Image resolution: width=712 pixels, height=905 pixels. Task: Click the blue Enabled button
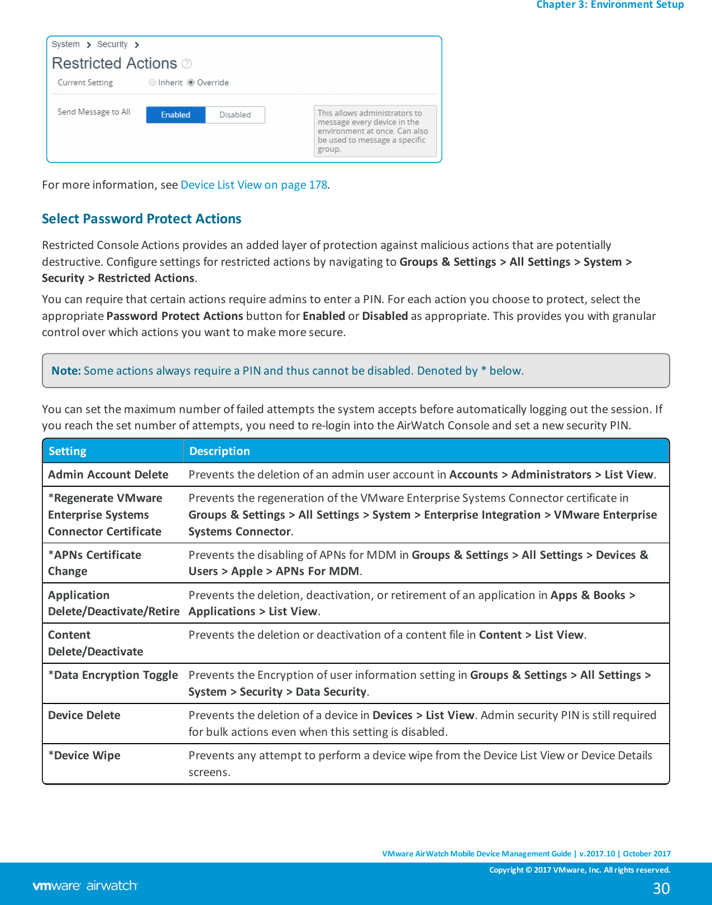(x=175, y=115)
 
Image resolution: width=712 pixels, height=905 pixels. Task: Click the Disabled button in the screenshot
(x=235, y=115)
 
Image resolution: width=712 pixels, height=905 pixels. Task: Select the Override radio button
(x=191, y=83)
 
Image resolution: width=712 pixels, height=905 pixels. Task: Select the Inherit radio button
(x=152, y=83)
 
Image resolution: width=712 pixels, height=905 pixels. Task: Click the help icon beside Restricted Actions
(x=187, y=64)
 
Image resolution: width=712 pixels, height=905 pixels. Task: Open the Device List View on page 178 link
(x=254, y=185)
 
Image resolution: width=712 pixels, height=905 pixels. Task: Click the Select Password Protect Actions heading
(x=141, y=219)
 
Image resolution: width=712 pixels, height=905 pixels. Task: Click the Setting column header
(x=68, y=451)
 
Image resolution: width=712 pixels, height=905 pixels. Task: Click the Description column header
(x=219, y=451)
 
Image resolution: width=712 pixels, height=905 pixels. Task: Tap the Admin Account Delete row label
(x=108, y=475)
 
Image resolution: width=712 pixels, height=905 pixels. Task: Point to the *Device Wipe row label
(x=84, y=755)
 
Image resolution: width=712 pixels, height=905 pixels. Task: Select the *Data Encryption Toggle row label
(x=113, y=675)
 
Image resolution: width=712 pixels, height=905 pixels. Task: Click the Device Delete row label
(x=84, y=715)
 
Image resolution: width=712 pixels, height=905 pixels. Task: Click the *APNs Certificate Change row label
(x=94, y=563)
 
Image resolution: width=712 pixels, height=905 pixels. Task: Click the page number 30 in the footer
(x=661, y=888)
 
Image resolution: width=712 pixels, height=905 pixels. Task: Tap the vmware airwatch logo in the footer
(x=85, y=885)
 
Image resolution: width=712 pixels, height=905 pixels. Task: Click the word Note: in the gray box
(x=66, y=371)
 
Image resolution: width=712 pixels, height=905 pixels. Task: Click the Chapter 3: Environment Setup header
(x=610, y=5)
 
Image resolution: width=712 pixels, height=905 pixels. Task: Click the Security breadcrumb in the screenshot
(x=112, y=44)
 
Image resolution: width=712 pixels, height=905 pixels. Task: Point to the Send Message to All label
(x=93, y=112)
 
